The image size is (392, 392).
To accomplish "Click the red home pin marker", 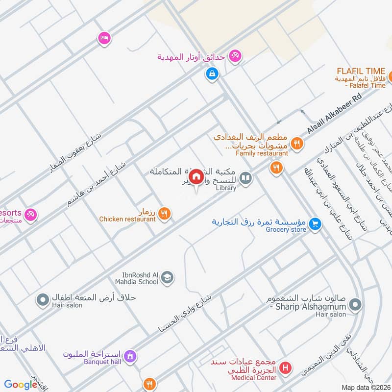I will [x=196, y=176].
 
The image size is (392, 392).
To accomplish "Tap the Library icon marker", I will [x=246, y=178].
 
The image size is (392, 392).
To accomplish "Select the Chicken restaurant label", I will [x=127, y=219].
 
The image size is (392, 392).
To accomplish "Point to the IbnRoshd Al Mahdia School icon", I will [x=167, y=277].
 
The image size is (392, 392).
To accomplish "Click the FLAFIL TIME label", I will [x=360, y=71].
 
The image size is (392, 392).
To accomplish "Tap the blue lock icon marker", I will [x=212, y=74].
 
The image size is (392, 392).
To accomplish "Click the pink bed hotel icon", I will [x=104, y=38].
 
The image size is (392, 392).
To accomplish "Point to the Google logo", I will [x=21, y=385].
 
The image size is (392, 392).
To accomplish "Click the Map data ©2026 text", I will [x=365, y=387].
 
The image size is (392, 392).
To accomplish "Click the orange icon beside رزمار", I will [x=165, y=214].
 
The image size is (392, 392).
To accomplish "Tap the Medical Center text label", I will [x=252, y=377].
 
